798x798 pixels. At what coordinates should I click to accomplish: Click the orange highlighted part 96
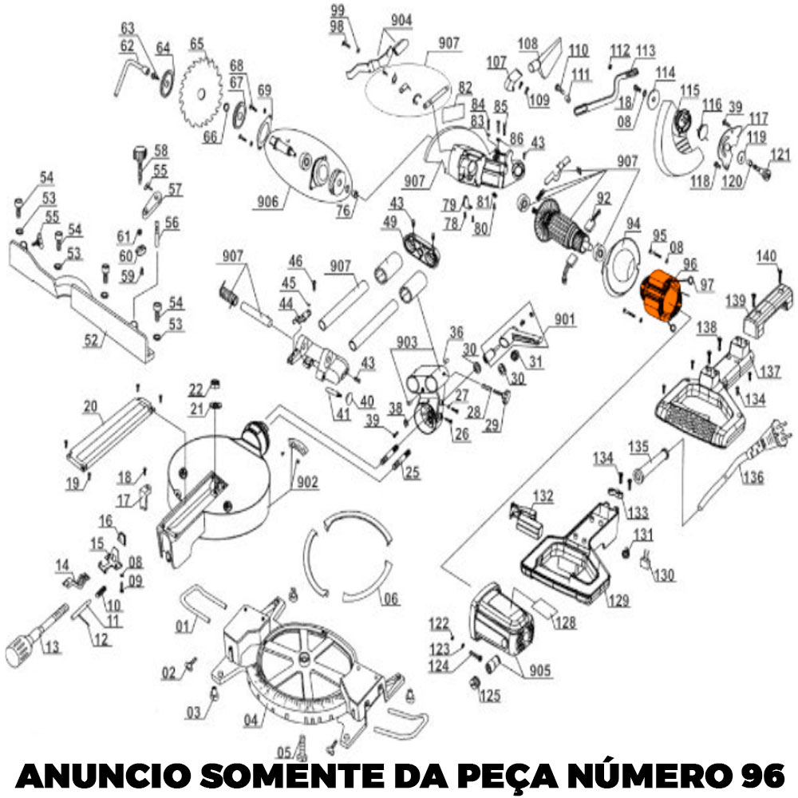661,298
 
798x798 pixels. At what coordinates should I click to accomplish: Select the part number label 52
93,340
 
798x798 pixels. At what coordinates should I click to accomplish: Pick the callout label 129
618,599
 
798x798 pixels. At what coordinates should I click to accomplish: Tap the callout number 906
269,203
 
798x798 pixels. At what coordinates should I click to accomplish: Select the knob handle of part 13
18,650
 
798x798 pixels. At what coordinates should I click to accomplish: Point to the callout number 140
766,257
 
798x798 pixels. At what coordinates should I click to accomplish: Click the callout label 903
406,342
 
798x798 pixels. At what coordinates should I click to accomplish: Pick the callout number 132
543,496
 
